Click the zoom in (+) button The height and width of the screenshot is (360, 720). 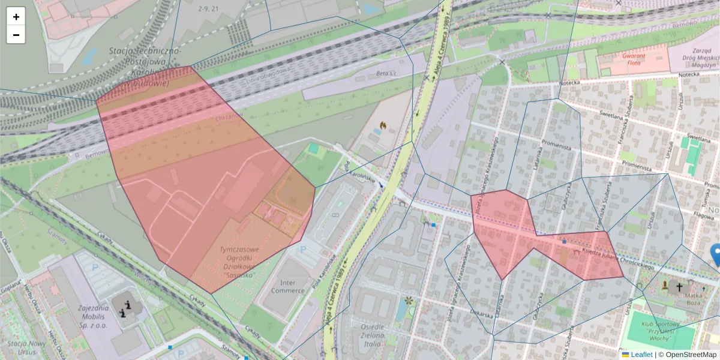point(16,17)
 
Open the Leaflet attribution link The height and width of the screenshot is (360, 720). point(641,355)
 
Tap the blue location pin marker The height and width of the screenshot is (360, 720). point(716,254)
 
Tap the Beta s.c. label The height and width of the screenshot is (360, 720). point(387,74)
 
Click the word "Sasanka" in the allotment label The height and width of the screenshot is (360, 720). point(238,275)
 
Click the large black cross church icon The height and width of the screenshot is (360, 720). point(679,287)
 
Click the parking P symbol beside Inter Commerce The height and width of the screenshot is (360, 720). point(303,249)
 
